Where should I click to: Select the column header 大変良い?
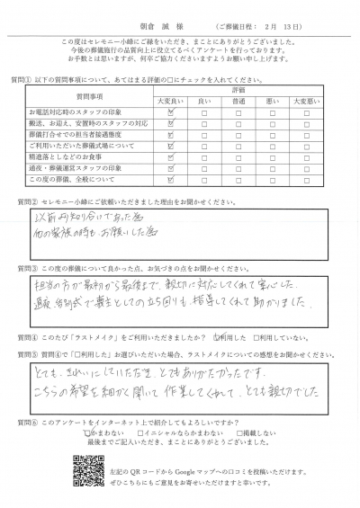click(x=170, y=102)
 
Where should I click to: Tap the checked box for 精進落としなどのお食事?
click(x=170, y=156)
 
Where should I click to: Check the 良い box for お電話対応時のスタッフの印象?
click(x=204, y=111)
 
